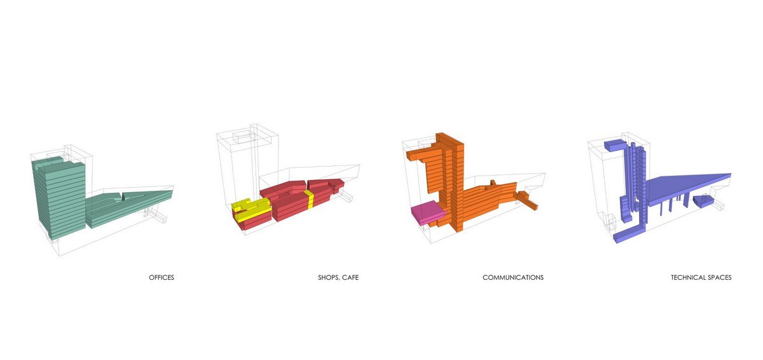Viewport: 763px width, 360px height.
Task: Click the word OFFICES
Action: [x=162, y=277]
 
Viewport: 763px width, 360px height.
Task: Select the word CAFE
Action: [x=350, y=277]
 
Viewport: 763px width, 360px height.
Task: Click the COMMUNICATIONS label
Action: [x=513, y=277]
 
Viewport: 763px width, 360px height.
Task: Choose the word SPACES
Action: [x=719, y=277]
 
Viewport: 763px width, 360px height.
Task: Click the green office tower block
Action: [x=59, y=198]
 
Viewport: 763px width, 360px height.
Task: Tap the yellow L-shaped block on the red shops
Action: [x=251, y=209]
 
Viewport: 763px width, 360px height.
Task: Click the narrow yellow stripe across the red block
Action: [x=309, y=199]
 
